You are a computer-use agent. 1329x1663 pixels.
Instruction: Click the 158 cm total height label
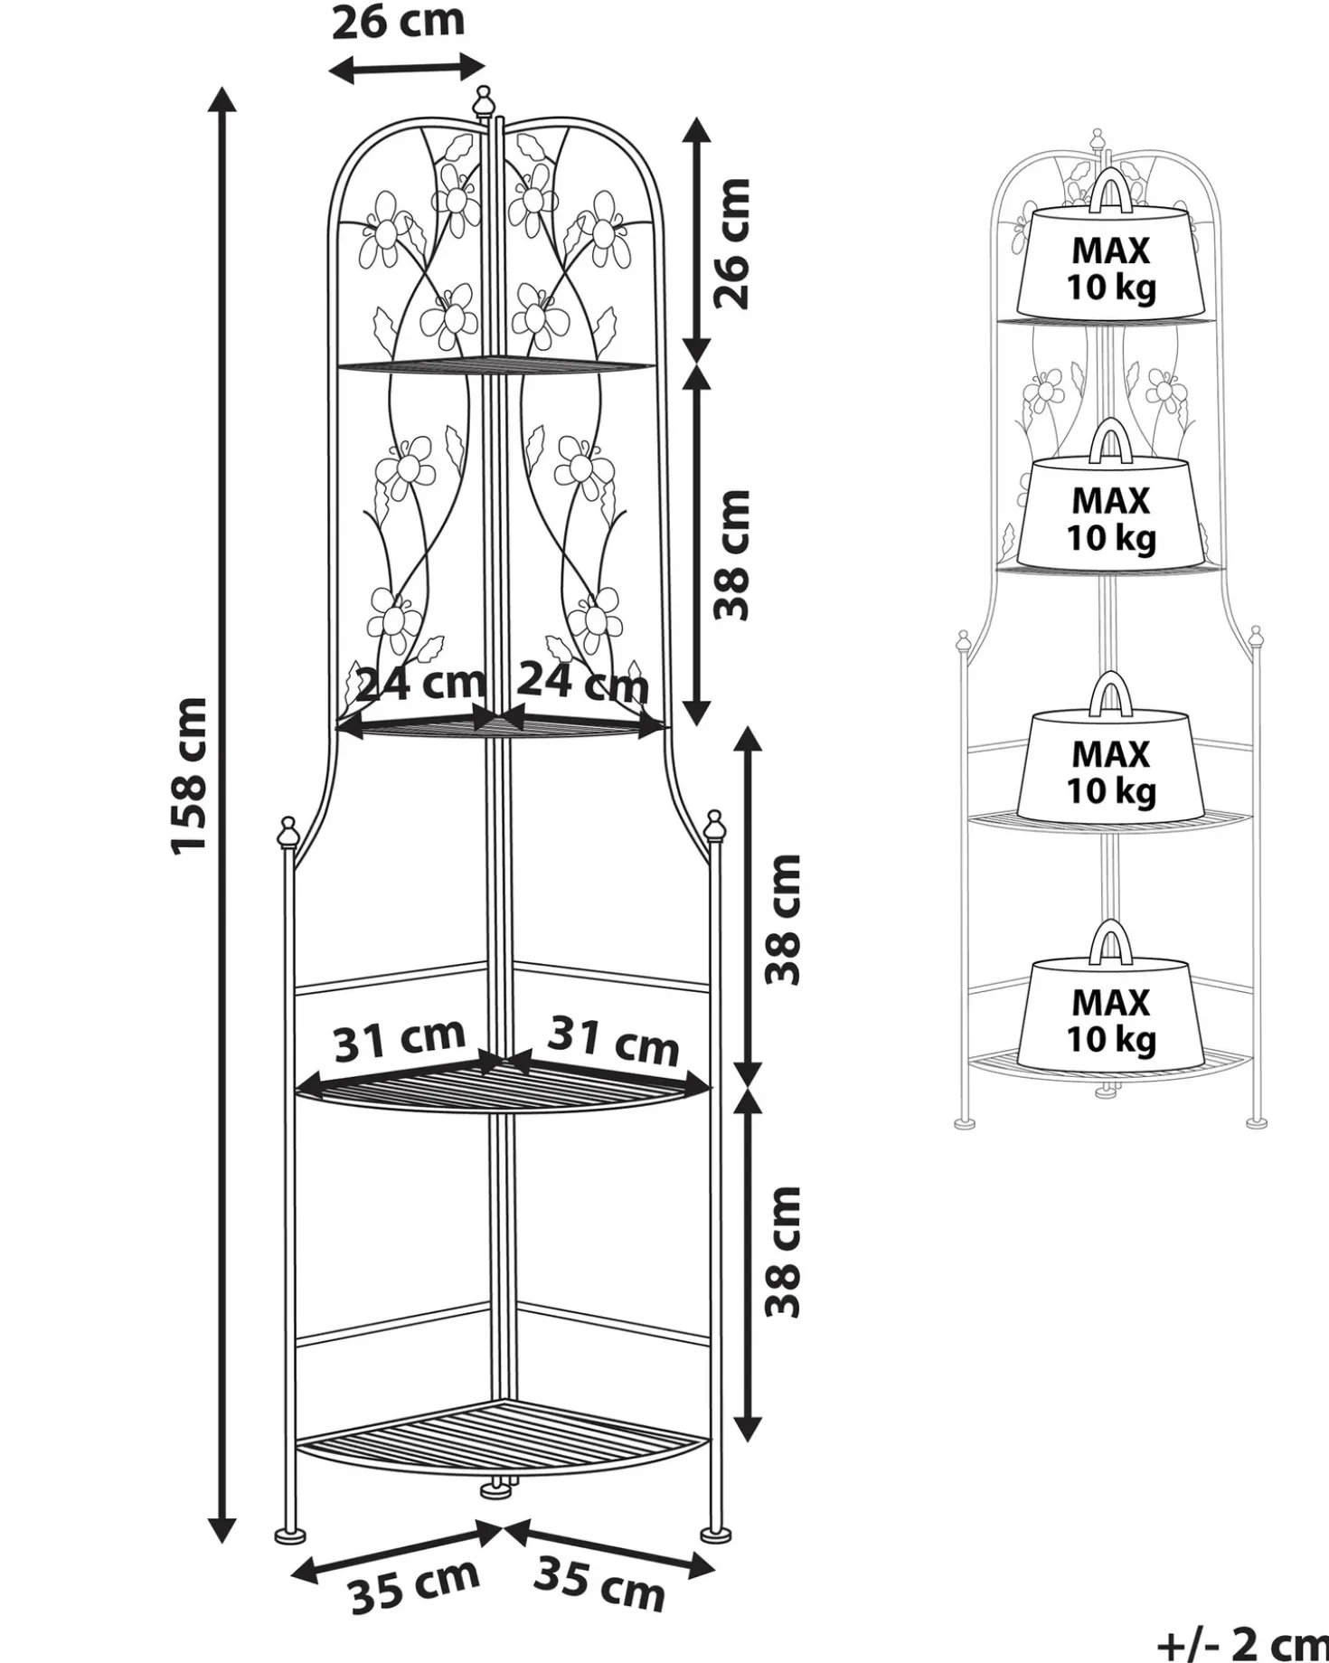(191, 774)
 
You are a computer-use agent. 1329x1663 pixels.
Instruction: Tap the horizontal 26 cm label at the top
(398, 22)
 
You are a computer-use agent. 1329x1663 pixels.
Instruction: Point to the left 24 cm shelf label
(419, 684)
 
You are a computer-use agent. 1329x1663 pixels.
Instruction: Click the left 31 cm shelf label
(400, 1040)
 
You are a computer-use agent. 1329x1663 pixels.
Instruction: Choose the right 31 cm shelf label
(614, 1040)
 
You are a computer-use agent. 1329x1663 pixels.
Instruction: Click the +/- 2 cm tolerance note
(1242, 1641)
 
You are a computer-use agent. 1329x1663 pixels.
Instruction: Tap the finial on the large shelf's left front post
(287, 831)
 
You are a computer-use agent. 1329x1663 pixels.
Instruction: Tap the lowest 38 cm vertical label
(784, 1252)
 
